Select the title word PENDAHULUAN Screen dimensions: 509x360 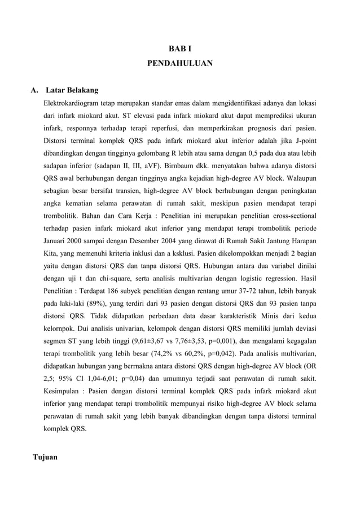pos(180,64)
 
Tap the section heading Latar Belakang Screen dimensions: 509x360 pos(72,90)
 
